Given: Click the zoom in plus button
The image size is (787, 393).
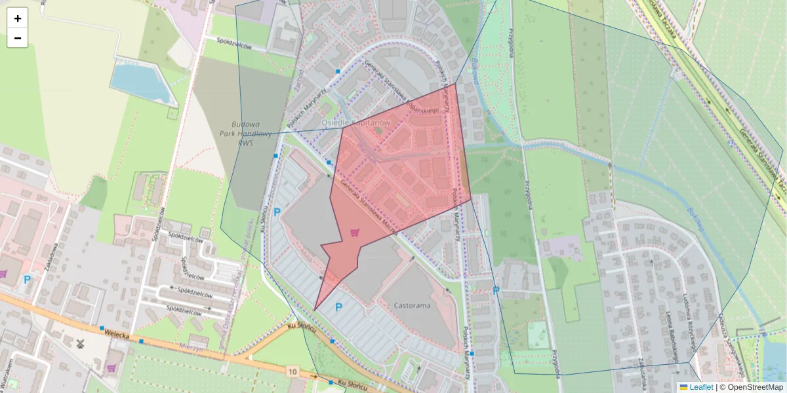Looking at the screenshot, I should (x=18, y=18).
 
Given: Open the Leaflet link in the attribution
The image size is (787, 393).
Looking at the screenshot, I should (x=701, y=387).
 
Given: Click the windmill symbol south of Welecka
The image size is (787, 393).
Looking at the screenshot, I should (x=81, y=343).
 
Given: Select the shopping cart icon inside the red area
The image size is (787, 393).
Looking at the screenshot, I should (x=355, y=232).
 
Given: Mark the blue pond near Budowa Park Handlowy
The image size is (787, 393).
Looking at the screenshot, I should (x=140, y=83).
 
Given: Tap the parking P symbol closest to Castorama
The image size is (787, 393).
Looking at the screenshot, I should (x=338, y=307).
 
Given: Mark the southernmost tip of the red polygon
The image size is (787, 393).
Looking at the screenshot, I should (x=315, y=310).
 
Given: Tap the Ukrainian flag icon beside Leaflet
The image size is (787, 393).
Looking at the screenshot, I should (x=683, y=387).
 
